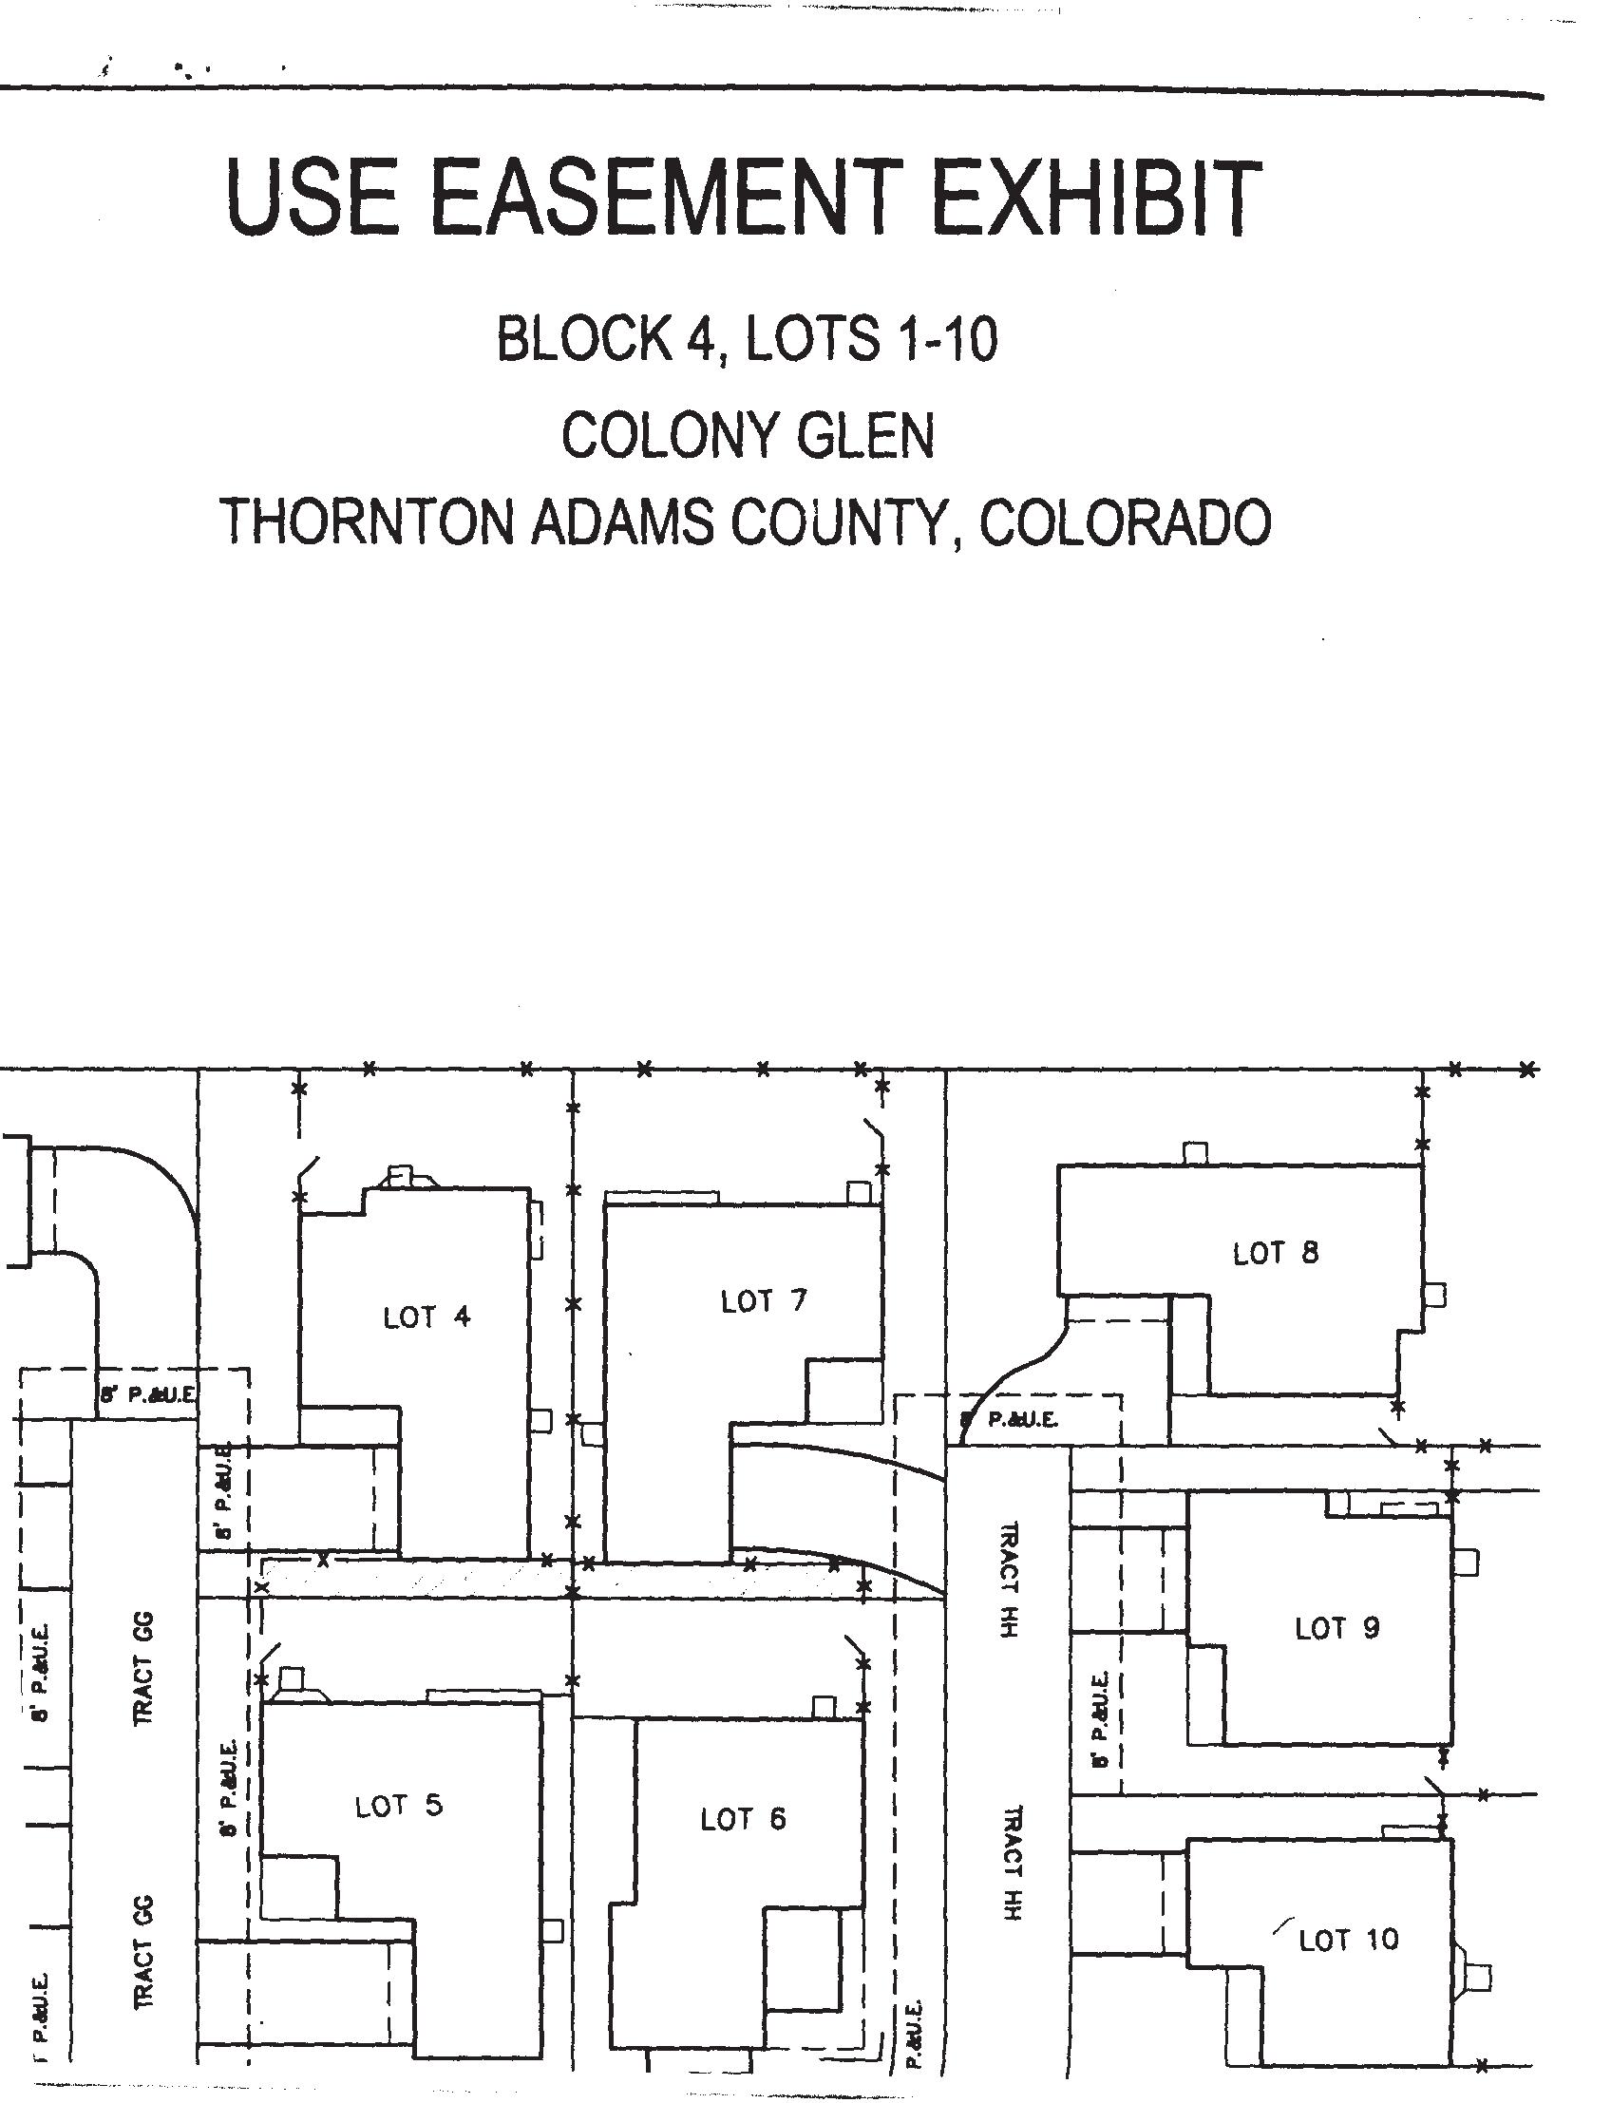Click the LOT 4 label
coord(426,1317)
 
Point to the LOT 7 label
coord(765,1301)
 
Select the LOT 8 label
coord(1276,1253)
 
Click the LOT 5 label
coord(399,1807)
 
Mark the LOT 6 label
coord(743,1819)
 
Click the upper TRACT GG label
coord(142,1669)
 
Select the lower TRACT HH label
coord(1014,1863)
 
